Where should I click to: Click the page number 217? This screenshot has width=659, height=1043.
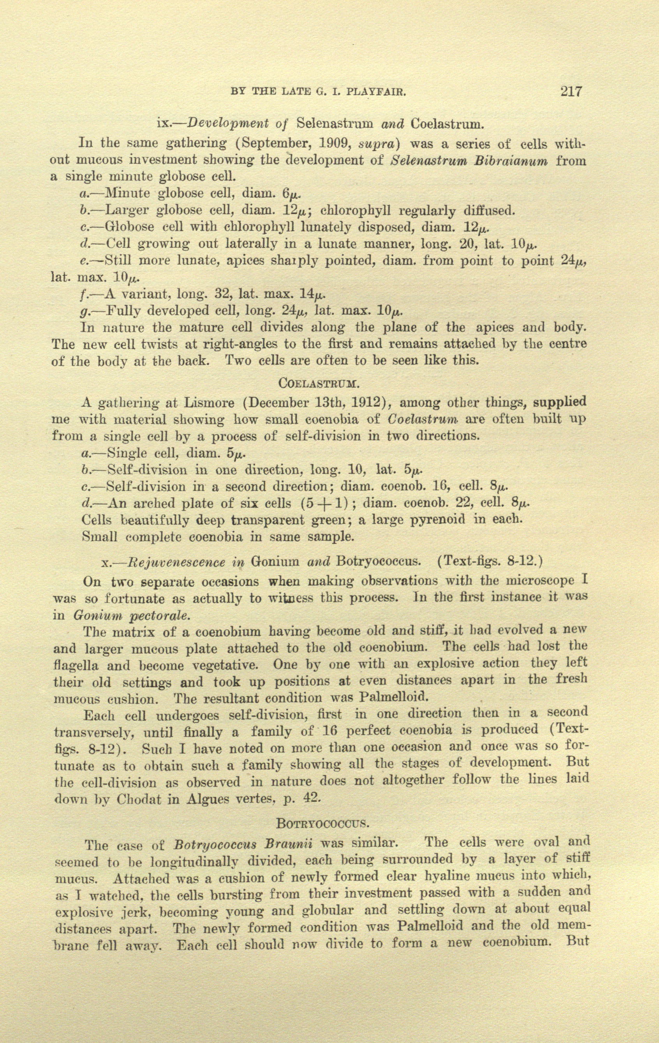tap(571, 91)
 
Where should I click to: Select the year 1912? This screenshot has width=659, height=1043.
tap(367, 402)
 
